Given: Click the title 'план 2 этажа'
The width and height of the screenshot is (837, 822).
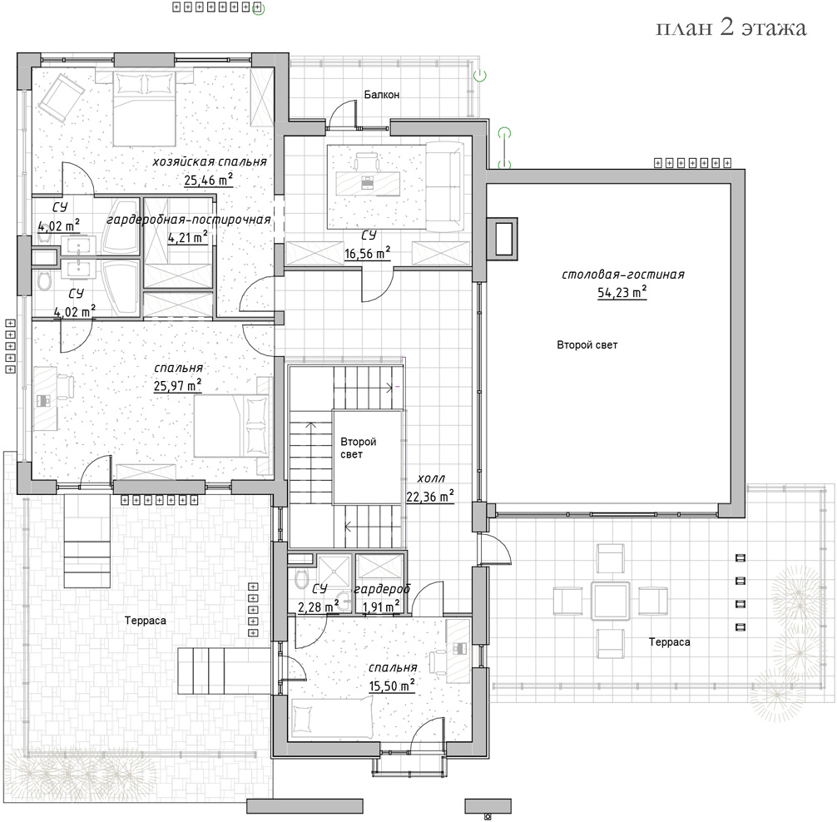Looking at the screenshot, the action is coord(731,27).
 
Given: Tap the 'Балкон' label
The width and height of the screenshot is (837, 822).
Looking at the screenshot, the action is coord(382,95).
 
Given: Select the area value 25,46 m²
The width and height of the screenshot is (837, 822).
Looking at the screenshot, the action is coord(209,180).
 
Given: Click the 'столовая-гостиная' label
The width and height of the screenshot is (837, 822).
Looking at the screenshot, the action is coord(623,275).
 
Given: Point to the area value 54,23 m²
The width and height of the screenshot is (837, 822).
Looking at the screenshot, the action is coord(622,293).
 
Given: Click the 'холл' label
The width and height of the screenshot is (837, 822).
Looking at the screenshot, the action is coord(431,478).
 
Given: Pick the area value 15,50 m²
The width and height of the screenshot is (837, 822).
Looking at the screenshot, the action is coord(392,686).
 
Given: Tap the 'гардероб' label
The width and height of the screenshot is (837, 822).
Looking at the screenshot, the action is coord(382,589).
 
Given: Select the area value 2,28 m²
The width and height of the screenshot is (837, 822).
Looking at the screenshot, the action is coord(318,607).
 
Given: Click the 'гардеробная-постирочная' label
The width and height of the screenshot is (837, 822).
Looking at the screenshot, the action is coord(188,220).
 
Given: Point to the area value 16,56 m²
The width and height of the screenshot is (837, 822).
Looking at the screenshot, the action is coord(367,253).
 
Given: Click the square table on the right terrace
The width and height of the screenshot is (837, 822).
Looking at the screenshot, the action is coord(611,601).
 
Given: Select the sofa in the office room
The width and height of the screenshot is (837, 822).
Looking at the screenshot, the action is coord(444,186).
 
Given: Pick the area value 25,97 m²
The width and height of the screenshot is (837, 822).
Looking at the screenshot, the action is coord(177,385).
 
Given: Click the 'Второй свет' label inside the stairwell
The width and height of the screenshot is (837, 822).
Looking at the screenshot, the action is coord(359,448).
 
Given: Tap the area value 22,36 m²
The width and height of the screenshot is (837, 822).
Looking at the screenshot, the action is coord(430,497).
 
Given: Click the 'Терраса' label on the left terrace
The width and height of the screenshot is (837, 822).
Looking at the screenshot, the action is coord(146,621).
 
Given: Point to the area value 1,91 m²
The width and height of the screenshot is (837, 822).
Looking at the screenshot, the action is coord(381,607).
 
